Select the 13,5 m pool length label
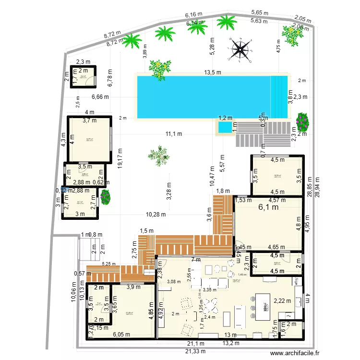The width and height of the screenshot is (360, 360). pyautogui.click(x=212, y=73)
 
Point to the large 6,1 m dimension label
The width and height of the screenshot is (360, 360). pyautogui.click(x=269, y=207)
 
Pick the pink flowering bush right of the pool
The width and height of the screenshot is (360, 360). pyautogui.click(x=302, y=122)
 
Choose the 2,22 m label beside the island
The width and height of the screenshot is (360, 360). pyautogui.click(x=282, y=301)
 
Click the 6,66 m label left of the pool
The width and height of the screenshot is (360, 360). pyautogui.click(x=100, y=96)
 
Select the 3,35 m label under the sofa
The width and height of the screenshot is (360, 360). pyautogui.click(x=209, y=289)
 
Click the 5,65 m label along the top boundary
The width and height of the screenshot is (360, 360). pyautogui.click(x=259, y=13)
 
